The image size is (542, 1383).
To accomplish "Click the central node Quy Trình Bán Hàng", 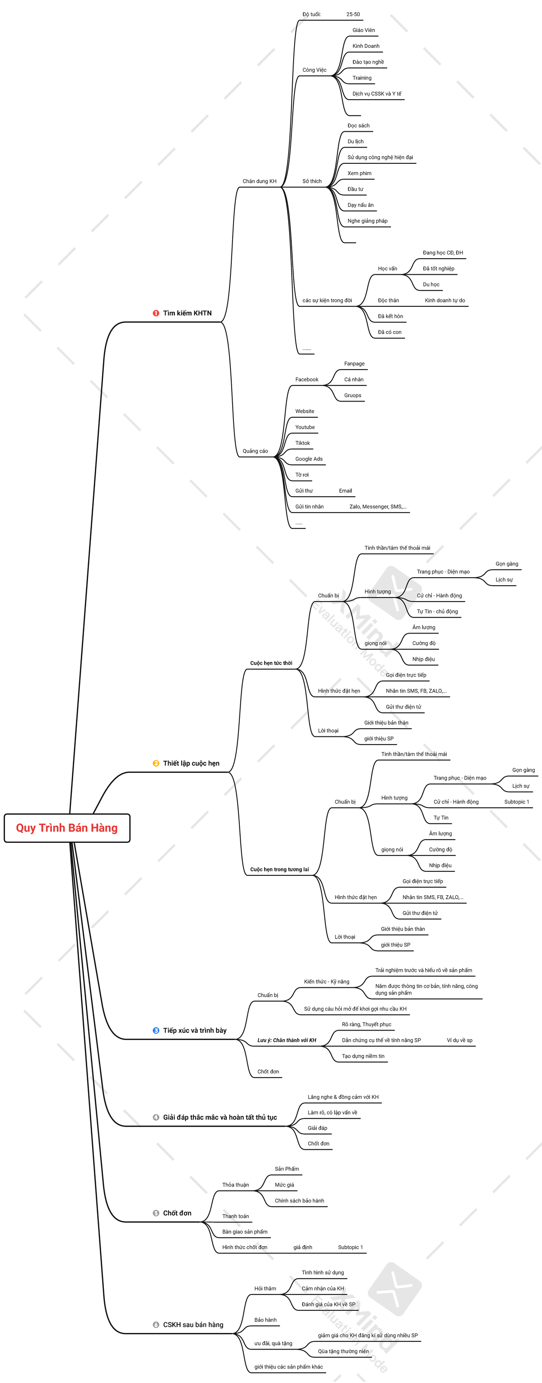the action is (x=66, y=828).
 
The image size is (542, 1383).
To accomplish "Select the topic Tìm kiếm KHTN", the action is (x=187, y=313).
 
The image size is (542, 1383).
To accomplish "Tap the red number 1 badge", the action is (x=156, y=313).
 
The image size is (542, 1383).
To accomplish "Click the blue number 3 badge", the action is (x=156, y=1030).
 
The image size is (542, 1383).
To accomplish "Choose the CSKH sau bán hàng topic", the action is (x=193, y=1324).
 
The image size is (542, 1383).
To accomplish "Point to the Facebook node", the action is (x=307, y=379).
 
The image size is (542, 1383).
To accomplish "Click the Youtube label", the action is (x=305, y=427).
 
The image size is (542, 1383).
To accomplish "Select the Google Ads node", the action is (x=309, y=459).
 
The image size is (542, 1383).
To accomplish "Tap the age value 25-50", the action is (x=353, y=14).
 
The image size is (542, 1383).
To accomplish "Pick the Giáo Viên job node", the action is (x=364, y=30).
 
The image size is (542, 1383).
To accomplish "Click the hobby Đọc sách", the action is (x=358, y=125).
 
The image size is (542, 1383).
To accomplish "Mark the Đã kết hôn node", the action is (x=390, y=316).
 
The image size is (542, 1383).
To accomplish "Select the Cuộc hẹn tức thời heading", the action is (x=271, y=663).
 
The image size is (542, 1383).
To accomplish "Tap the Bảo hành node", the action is (x=266, y=1320).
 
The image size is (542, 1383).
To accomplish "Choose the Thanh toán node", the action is (x=236, y=1216).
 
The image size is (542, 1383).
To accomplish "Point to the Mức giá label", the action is (x=284, y=1185).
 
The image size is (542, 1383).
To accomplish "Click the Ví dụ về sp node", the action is (x=460, y=1040).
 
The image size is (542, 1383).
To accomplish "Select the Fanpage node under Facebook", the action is (x=354, y=364).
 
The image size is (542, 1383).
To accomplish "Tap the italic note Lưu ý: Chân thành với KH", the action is (x=287, y=1040).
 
